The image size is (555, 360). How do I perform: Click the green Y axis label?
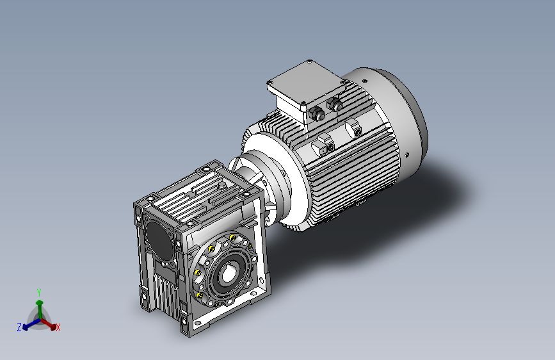(x=39, y=292)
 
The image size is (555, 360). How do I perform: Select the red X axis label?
(x=58, y=328)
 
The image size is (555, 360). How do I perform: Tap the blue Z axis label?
(x=19, y=327)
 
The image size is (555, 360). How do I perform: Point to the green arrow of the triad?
(x=40, y=309)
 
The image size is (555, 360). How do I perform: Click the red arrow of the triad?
(x=49, y=324)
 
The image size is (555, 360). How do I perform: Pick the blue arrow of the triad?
(x=31, y=325)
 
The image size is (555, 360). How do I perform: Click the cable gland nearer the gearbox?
(x=317, y=114)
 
